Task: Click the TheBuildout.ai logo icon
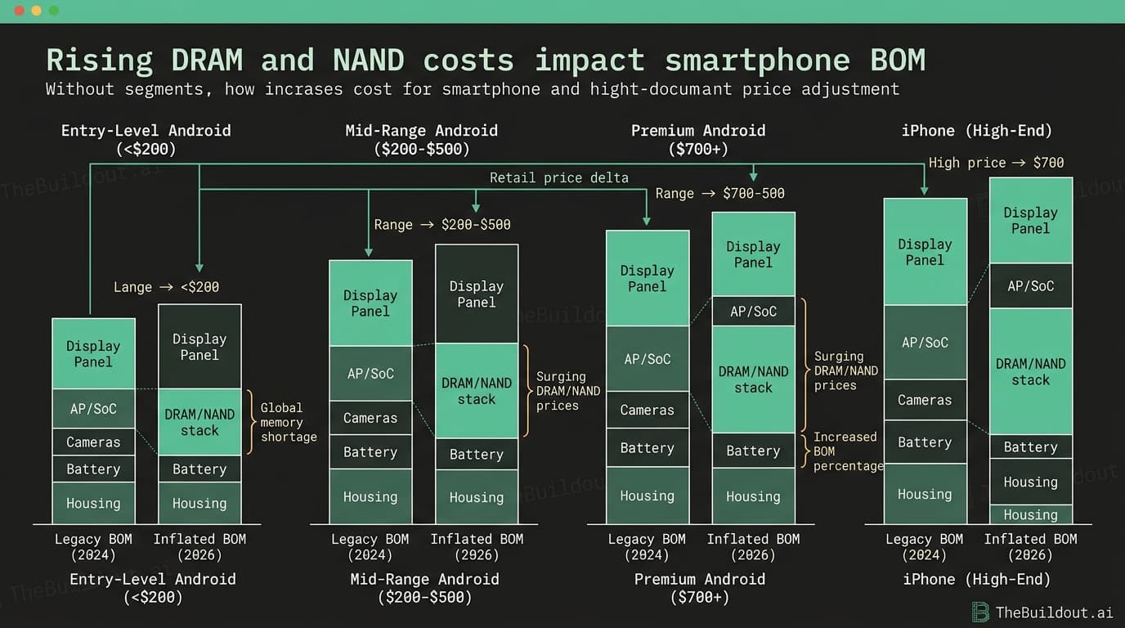pyautogui.click(x=980, y=612)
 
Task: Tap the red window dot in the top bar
pyautogui.click(x=19, y=11)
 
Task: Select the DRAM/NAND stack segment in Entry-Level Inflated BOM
pyautogui.click(x=199, y=422)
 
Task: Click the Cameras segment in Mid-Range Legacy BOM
pyautogui.click(x=370, y=418)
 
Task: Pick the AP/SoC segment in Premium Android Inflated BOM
pyautogui.click(x=753, y=312)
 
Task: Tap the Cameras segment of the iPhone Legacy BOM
pyautogui.click(x=926, y=400)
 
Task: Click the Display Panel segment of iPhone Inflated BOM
pyautogui.click(x=1031, y=221)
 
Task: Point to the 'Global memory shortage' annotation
pyautogui.click(x=289, y=422)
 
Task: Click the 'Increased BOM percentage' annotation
pyautogui.click(x=849, y=451)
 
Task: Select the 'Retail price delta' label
pyautogui.click(x=559, y=177)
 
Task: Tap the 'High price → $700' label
pyautogui.click(x=996, y=163)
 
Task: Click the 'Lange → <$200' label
pyautogui.click(x=166, y=287)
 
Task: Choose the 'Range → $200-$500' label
pyautogui.click(x=442, y=224)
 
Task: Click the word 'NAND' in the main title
pyautogui.click(x=369, y=60)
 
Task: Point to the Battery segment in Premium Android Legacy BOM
pyautogui.click(x=648, y=447)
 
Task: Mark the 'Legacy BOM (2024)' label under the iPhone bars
pyautogui.click(x=925, y=546)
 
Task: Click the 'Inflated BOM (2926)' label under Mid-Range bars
pyautogui.click(x=477, y=546)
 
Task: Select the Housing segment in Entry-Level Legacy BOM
pyautogui.click(x=93, y=503)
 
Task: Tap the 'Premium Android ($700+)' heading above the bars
pyautogui.click(x=698, y=140)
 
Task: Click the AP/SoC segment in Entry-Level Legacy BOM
pyautogui.click(x=93, y=409)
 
